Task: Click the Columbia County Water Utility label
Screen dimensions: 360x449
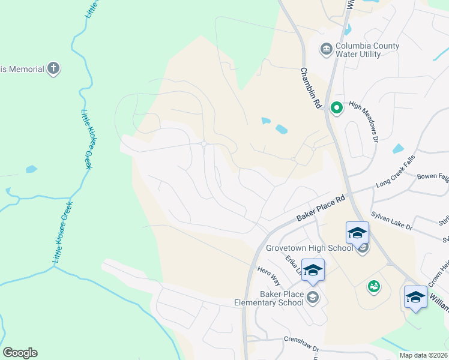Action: click(366, 50)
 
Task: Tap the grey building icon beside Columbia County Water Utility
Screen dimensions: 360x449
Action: click(327, 49)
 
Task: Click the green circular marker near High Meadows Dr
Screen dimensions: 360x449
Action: click(337, 108)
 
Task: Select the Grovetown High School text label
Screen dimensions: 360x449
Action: click(309, 248)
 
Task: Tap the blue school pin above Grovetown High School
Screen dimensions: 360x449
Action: click(357, 232)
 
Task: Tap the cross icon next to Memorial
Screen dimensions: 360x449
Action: click(53, 68)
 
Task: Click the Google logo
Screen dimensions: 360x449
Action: click(20, 353)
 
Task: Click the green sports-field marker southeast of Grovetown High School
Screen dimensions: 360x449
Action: click(374, 287)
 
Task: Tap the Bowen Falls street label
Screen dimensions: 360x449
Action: click(433, 178)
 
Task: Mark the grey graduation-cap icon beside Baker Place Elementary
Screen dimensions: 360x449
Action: click(313, 297)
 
